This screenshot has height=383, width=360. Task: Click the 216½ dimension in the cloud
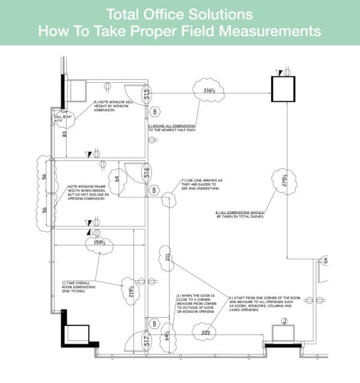[209, 91]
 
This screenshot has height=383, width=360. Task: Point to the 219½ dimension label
[130, 291]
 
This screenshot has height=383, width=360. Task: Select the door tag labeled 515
[146, 94]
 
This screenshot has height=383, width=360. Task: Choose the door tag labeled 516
[146, 173]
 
